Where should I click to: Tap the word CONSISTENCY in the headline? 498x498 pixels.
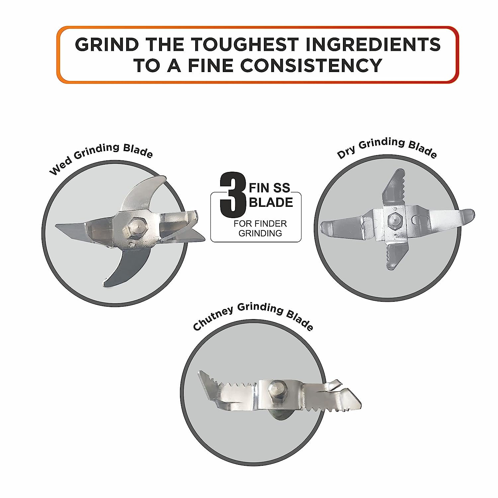pos(311,65)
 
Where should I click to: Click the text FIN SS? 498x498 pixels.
pos(270,188)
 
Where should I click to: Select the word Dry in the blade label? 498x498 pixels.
pos(346,152)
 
